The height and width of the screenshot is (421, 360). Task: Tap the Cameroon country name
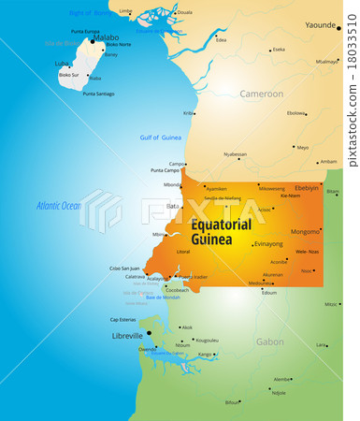pyautogui.click(x=261, y=94)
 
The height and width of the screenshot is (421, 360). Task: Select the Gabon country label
pyautogui.click(x=270, y=341)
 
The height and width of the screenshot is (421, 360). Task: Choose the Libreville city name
pyautogui.click(x=126, y=334)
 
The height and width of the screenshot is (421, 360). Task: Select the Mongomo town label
pyautogui.click(x=305, y=231)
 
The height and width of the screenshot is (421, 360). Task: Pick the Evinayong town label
pyautogui.click(x=267, y=243)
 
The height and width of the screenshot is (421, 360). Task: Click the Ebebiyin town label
pyautogui.click(x=307, y=187)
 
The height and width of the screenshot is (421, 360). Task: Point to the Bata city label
pyautogui.click(x=172, y=206)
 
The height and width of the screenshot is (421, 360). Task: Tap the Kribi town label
pyautogui.click(x=188, y=113)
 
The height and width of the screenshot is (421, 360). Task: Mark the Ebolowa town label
pyautogui.click(x=296, y=113)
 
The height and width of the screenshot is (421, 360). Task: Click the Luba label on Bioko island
pyautogui.click(x=62, y=65)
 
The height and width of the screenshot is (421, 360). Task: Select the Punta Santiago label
pyautogui.click(x=98, y=94)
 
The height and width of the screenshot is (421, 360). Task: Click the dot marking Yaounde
pyautogui.click(x=338, y=28)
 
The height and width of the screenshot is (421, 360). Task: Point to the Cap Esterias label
pyautogui.click(x=123, y=319)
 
